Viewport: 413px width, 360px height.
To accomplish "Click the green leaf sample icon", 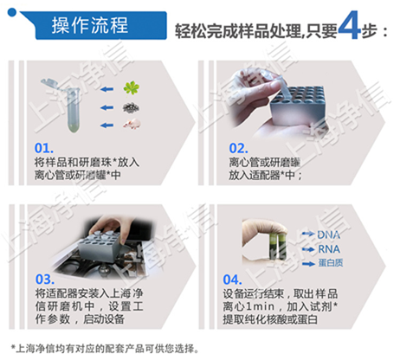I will (132, 87).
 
